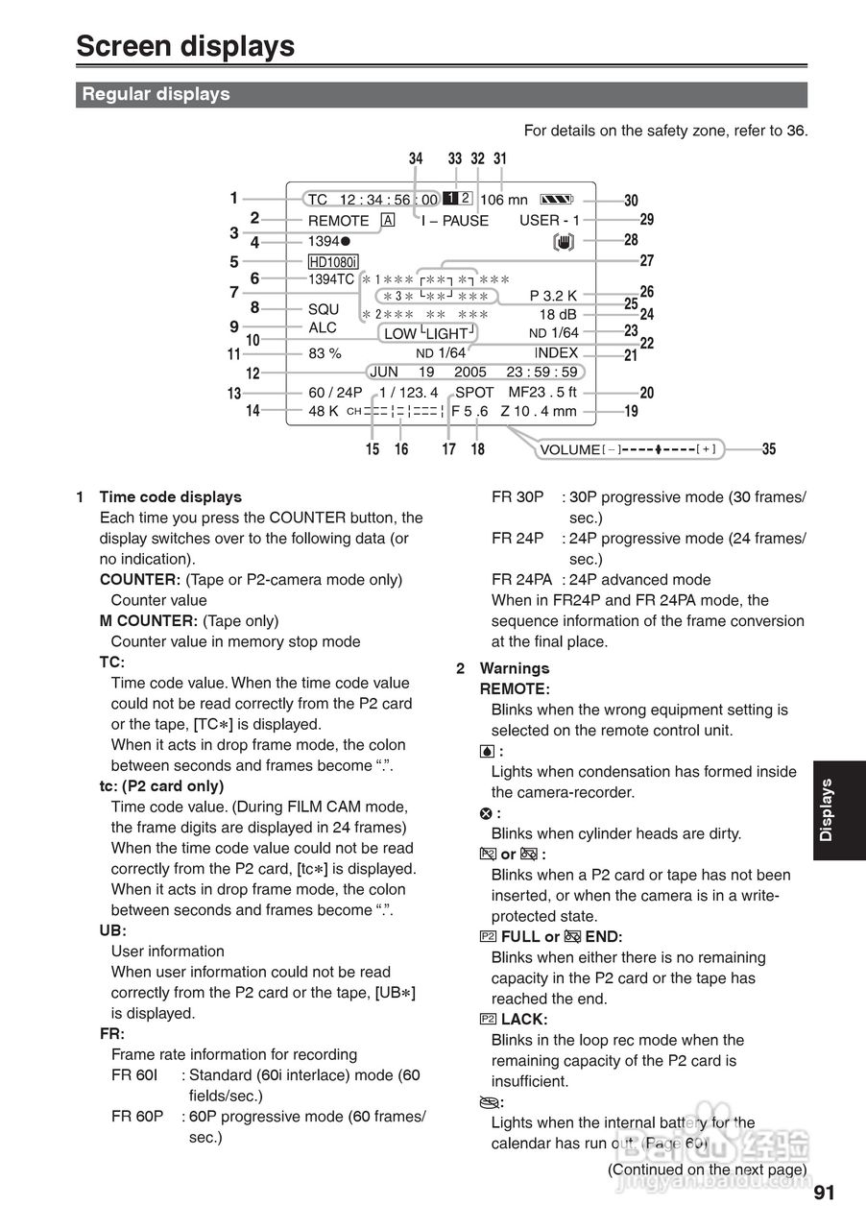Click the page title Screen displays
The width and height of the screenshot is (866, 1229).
click(185, 46)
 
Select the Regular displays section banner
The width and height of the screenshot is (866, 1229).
click(156, 94)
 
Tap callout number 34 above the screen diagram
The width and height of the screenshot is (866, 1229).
click(415, 159)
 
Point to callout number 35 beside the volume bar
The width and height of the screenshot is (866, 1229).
click(769, 448)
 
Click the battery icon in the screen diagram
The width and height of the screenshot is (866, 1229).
click(556, 200)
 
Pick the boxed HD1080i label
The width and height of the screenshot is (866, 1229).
click(333, 262)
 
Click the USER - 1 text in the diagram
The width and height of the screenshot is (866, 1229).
click(549, 220)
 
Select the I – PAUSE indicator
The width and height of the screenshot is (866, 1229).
click(454, 220)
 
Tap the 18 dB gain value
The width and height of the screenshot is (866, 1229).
click(558, 314)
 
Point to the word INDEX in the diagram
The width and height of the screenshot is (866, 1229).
click(556, 352)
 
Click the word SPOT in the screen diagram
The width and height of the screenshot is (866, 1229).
click(474, 392)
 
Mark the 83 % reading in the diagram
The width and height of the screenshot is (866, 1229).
click(325, 352)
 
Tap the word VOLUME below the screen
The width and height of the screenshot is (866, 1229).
click(569, 449)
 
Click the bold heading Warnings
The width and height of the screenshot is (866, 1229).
click(515, 668)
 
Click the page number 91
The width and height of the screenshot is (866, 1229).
click(824, 1193)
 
